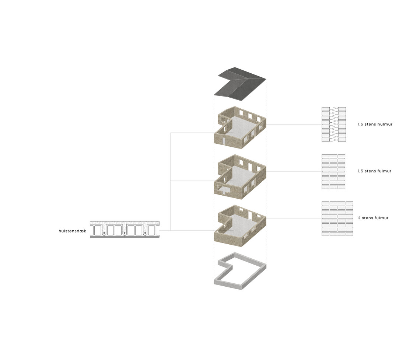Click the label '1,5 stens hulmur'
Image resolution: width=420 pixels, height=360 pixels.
(x=375, y=124)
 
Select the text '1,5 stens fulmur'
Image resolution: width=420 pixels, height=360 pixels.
(x=374, y=171)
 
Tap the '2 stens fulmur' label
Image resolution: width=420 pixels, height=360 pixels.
(x=373, y=218)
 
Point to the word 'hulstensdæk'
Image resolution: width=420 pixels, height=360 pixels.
(x=72, y=231)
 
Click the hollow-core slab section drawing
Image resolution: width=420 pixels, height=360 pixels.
(x=125, y=229)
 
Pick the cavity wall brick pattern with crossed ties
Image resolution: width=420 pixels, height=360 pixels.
(x=334, y=124)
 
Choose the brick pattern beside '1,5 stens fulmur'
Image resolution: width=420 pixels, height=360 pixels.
(x=333, y=171)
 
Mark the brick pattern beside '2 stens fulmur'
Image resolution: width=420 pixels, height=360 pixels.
(x=337, y=219)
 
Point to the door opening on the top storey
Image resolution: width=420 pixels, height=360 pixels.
(x=223, y=141)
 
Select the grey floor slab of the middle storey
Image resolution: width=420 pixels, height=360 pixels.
(x=242, y=177)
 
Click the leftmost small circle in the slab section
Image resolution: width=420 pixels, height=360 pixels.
(x=104, y=234)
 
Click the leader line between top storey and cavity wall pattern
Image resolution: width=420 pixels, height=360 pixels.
(x=294, y=124)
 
